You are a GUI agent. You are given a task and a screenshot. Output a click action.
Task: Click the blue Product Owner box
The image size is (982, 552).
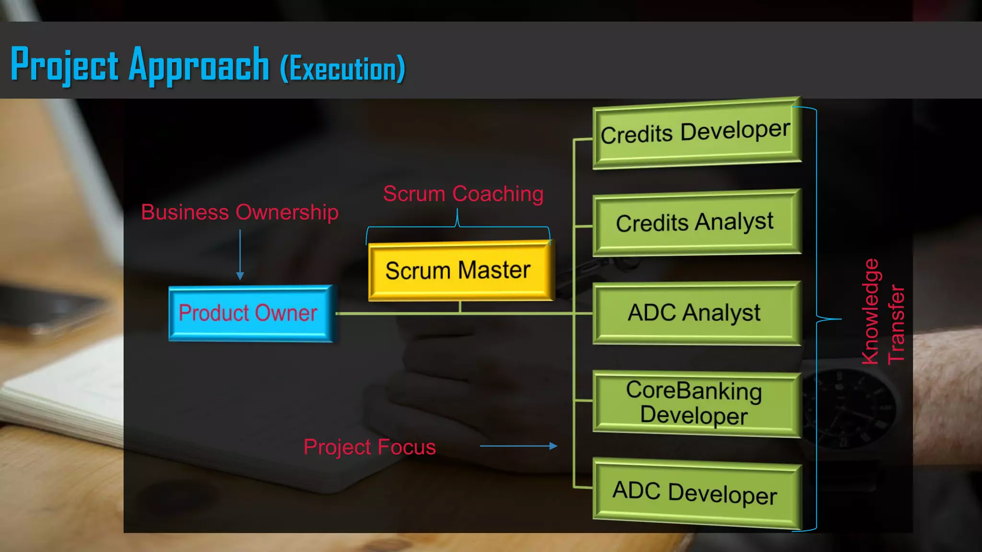coord(249,313)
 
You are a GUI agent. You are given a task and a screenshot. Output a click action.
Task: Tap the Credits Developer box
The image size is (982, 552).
coord(696,133)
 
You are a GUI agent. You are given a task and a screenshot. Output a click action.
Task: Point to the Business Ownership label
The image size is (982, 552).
coord(240,212)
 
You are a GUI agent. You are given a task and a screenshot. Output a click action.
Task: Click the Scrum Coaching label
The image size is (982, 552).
coord(463,194)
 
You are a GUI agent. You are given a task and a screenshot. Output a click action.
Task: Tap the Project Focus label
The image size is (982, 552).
coord(370,447)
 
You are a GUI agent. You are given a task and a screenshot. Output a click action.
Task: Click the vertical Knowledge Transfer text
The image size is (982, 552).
coord(882,311)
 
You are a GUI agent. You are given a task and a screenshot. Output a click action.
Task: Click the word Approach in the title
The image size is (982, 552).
coord(199,66)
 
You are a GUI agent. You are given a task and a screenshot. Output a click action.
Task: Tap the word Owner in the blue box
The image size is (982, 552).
coord(287,313)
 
